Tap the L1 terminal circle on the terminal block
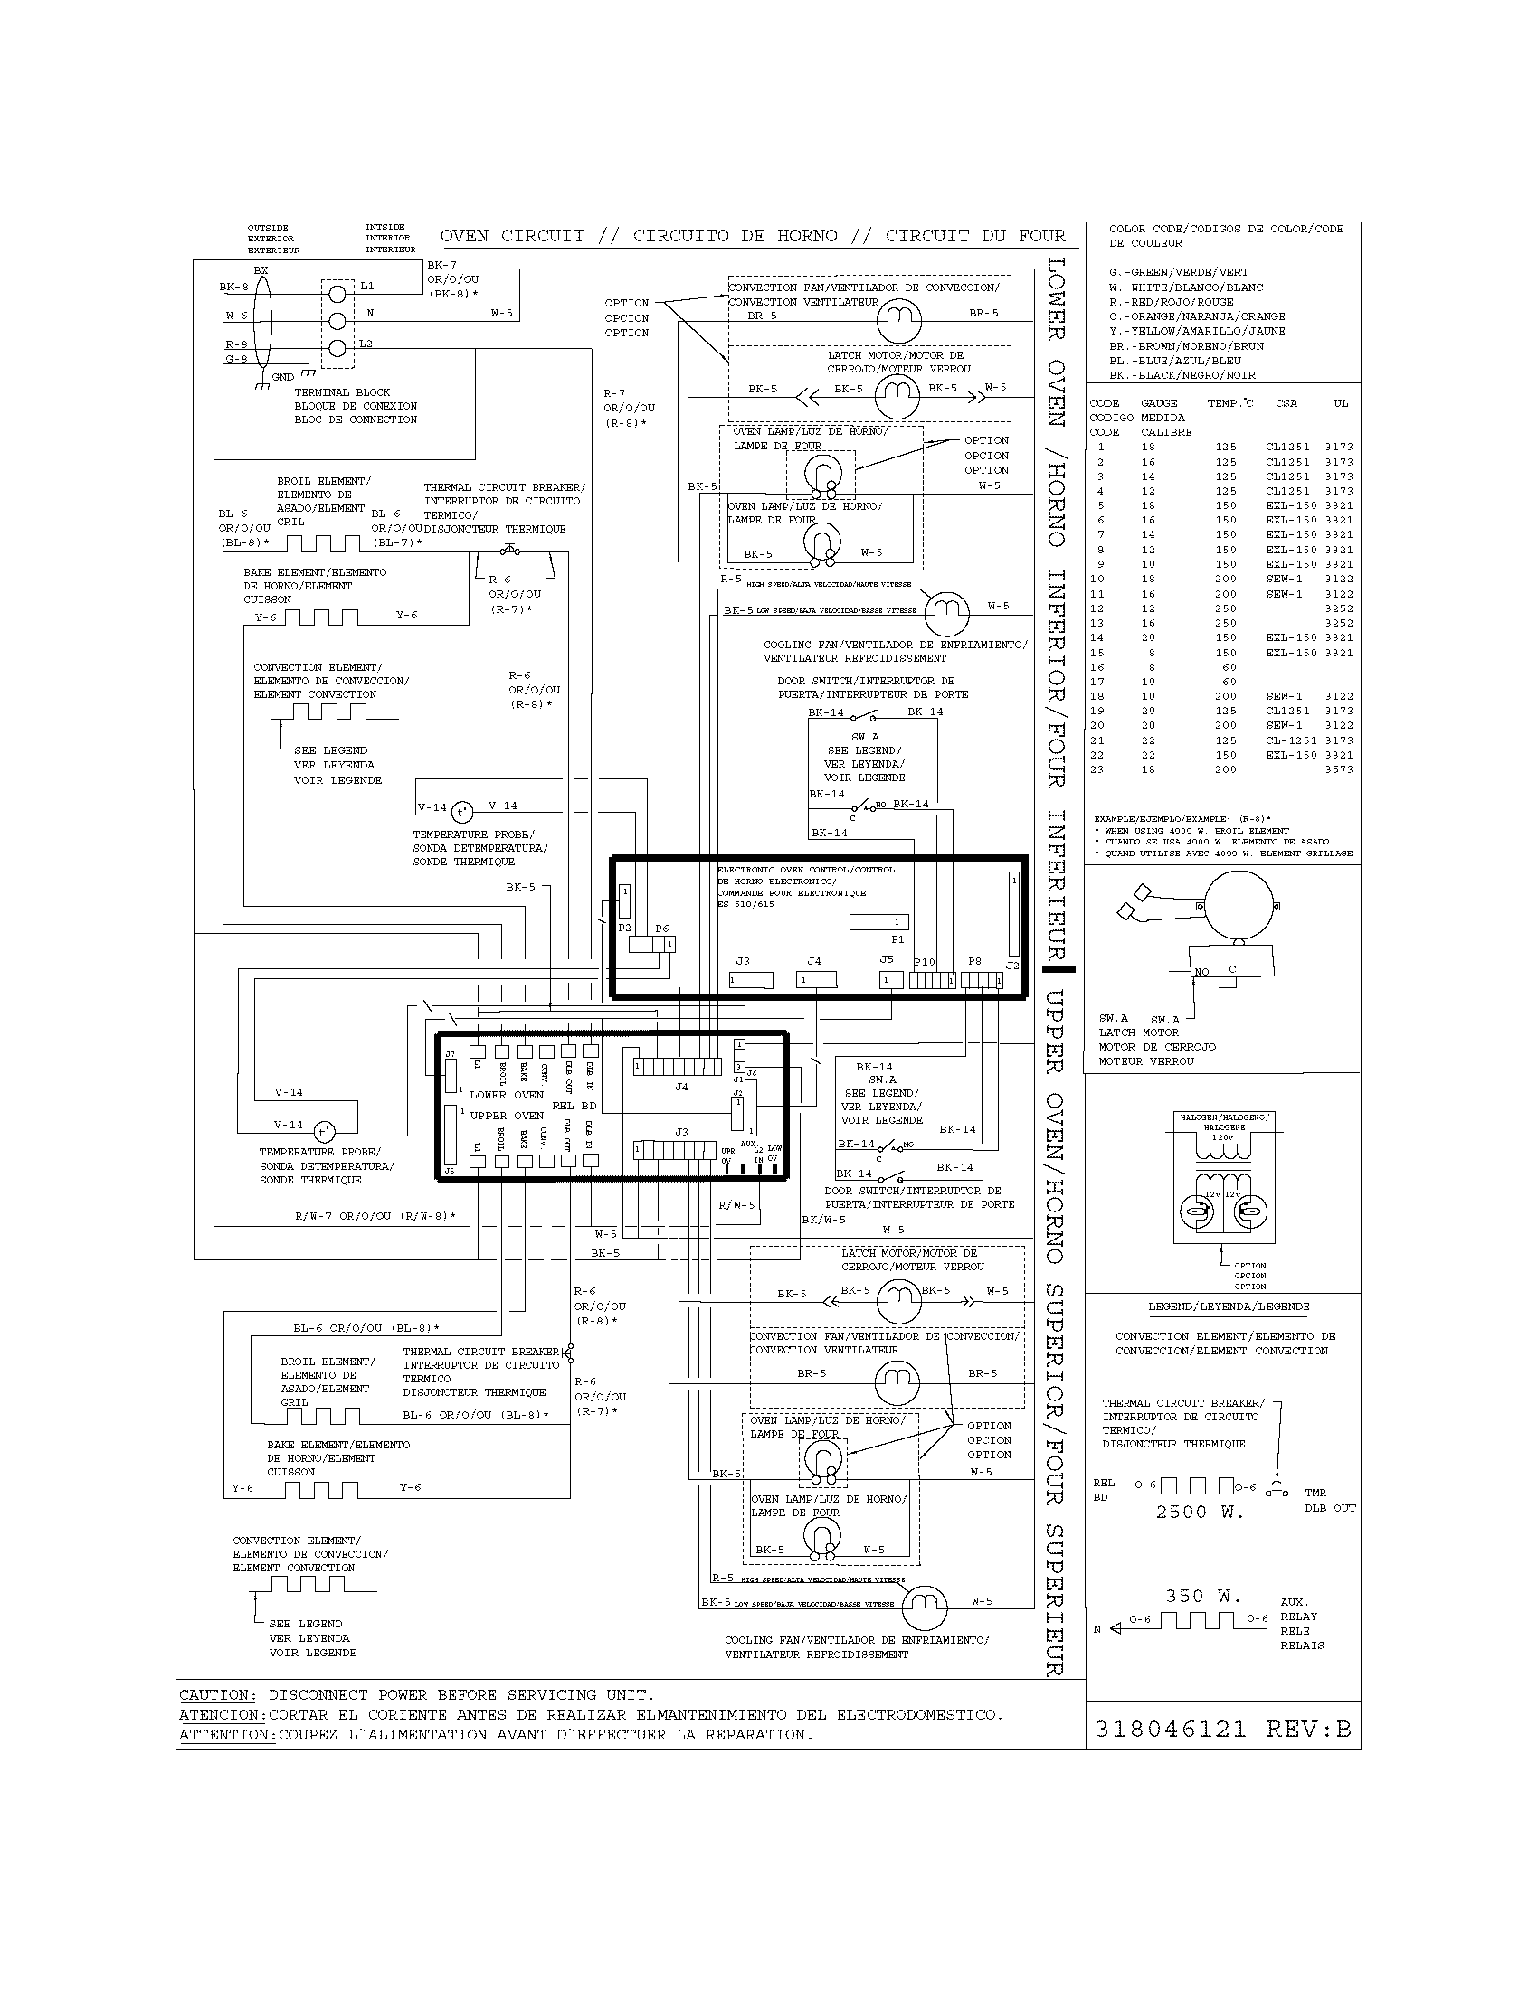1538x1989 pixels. coord(338,293)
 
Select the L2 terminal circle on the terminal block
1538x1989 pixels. coord(338,348)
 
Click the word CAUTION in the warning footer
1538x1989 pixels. coord(214,1695)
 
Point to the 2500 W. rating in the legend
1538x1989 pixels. coord(1199,1513)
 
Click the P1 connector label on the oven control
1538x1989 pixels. coord(897,939)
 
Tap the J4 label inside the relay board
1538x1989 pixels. coord(681,1087)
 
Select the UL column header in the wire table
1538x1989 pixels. coord(1340,403)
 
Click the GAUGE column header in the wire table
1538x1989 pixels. coord(1159,403)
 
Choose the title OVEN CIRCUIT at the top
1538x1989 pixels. coord(512,236)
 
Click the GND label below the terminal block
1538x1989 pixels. coord(282,377)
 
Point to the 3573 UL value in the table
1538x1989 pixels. coord(1338,769)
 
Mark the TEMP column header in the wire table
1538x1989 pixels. coord(1229,403)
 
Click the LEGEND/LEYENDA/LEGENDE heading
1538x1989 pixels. coord(1229,1306)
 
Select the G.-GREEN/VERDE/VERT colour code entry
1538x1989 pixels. coord(1178,272)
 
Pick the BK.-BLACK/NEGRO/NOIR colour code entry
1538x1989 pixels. coord(1182,375)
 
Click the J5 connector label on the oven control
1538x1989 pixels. coord(887,960)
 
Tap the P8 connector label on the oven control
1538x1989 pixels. coord(975,961)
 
